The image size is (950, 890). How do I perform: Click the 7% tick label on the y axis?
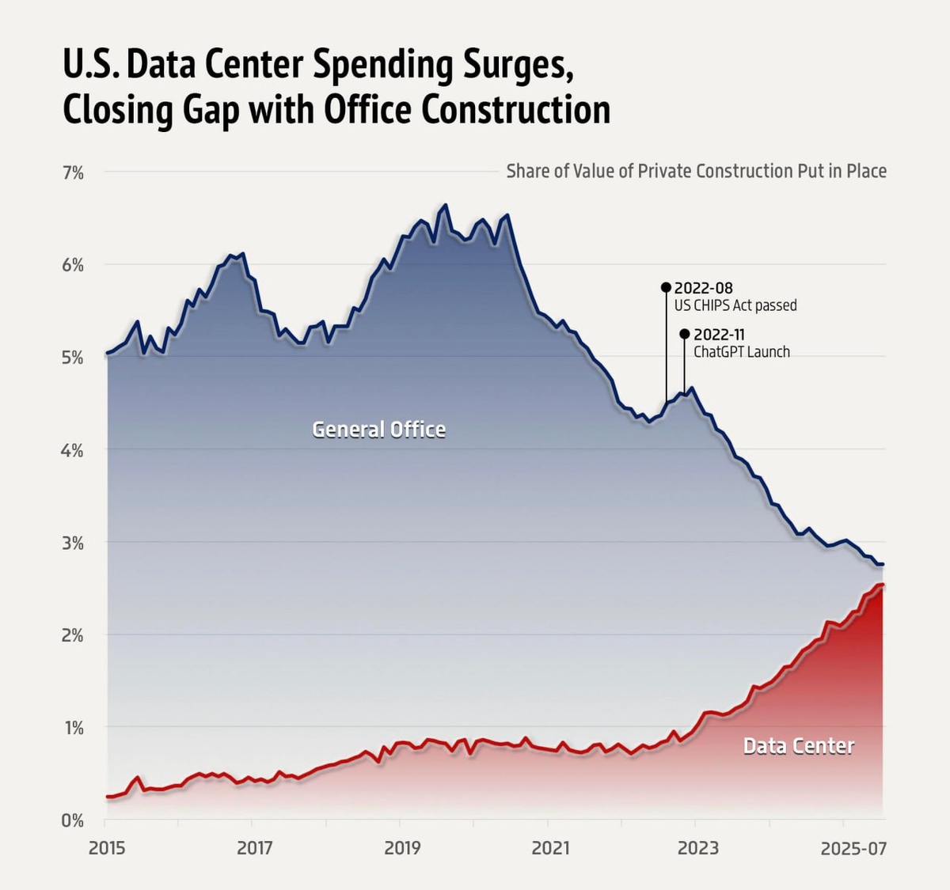73,172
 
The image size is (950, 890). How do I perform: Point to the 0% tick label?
73,820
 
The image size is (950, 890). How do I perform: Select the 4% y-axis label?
73,450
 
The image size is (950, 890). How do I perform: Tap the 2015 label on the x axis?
107,849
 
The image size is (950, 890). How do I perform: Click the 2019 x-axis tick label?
402,849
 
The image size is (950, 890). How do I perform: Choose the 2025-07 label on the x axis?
853,849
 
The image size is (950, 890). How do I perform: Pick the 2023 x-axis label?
698,849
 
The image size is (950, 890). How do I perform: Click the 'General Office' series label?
378,430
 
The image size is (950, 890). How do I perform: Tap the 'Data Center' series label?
798,746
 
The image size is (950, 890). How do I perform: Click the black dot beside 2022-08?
666,287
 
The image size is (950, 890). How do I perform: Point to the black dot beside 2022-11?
685,334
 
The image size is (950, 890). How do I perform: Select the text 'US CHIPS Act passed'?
735,305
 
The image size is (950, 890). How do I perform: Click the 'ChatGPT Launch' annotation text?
742,352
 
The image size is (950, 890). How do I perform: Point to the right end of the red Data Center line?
883,585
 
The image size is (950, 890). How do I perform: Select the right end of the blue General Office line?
883,564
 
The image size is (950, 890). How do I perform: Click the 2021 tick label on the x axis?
550,849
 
